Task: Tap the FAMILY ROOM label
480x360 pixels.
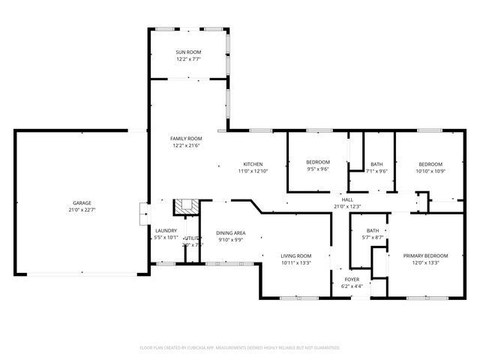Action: [x=186, y=139]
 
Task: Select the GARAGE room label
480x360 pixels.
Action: [x=82, y=203]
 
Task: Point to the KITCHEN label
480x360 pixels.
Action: [x=253, y=164]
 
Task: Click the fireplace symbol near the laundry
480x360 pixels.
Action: [x=184, y=207]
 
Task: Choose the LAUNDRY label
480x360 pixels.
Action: [x=166, y=230]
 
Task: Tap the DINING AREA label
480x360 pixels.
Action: [x=231, y=233]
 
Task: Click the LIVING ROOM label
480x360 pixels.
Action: [x=296, y=256]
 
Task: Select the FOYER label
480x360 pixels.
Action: [x=352, y=279]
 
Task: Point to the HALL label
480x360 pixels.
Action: [x=347, y=199]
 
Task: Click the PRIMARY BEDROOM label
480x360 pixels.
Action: [x=425, y=256]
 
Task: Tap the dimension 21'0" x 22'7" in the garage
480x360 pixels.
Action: [x=82, y=210]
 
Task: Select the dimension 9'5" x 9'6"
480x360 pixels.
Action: [x=318, y=169]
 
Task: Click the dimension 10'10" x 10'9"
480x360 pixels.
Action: [x=430, y=171]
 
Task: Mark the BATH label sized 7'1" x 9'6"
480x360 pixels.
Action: [x=376, y=164]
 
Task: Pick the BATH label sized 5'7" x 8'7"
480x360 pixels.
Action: [x=373, y=230]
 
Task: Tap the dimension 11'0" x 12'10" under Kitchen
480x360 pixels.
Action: [x=253, y=171]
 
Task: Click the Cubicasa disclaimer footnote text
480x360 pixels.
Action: [x=240, y=348]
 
